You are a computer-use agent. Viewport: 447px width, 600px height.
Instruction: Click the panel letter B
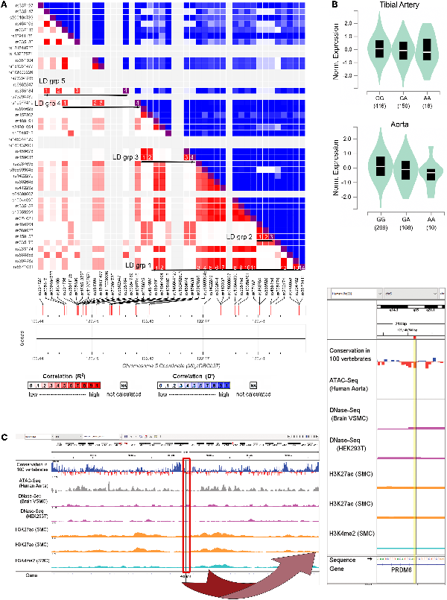335,6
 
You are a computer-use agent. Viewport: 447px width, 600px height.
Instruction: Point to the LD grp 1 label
139,265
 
